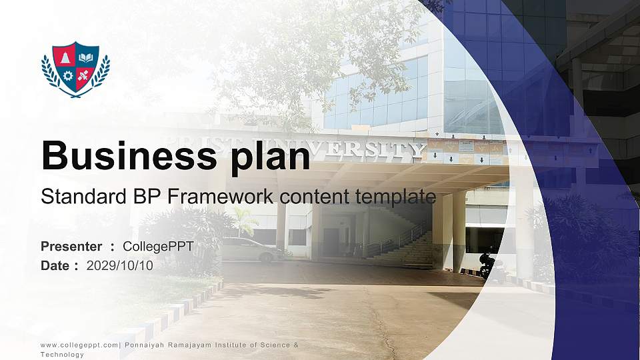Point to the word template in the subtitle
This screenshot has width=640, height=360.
pos(396,197)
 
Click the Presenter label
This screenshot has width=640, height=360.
pos(71,247)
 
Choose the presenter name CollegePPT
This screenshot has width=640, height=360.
pos(158,247)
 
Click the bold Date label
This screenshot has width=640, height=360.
pos(55,265)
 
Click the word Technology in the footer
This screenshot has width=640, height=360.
pos(63,355)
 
